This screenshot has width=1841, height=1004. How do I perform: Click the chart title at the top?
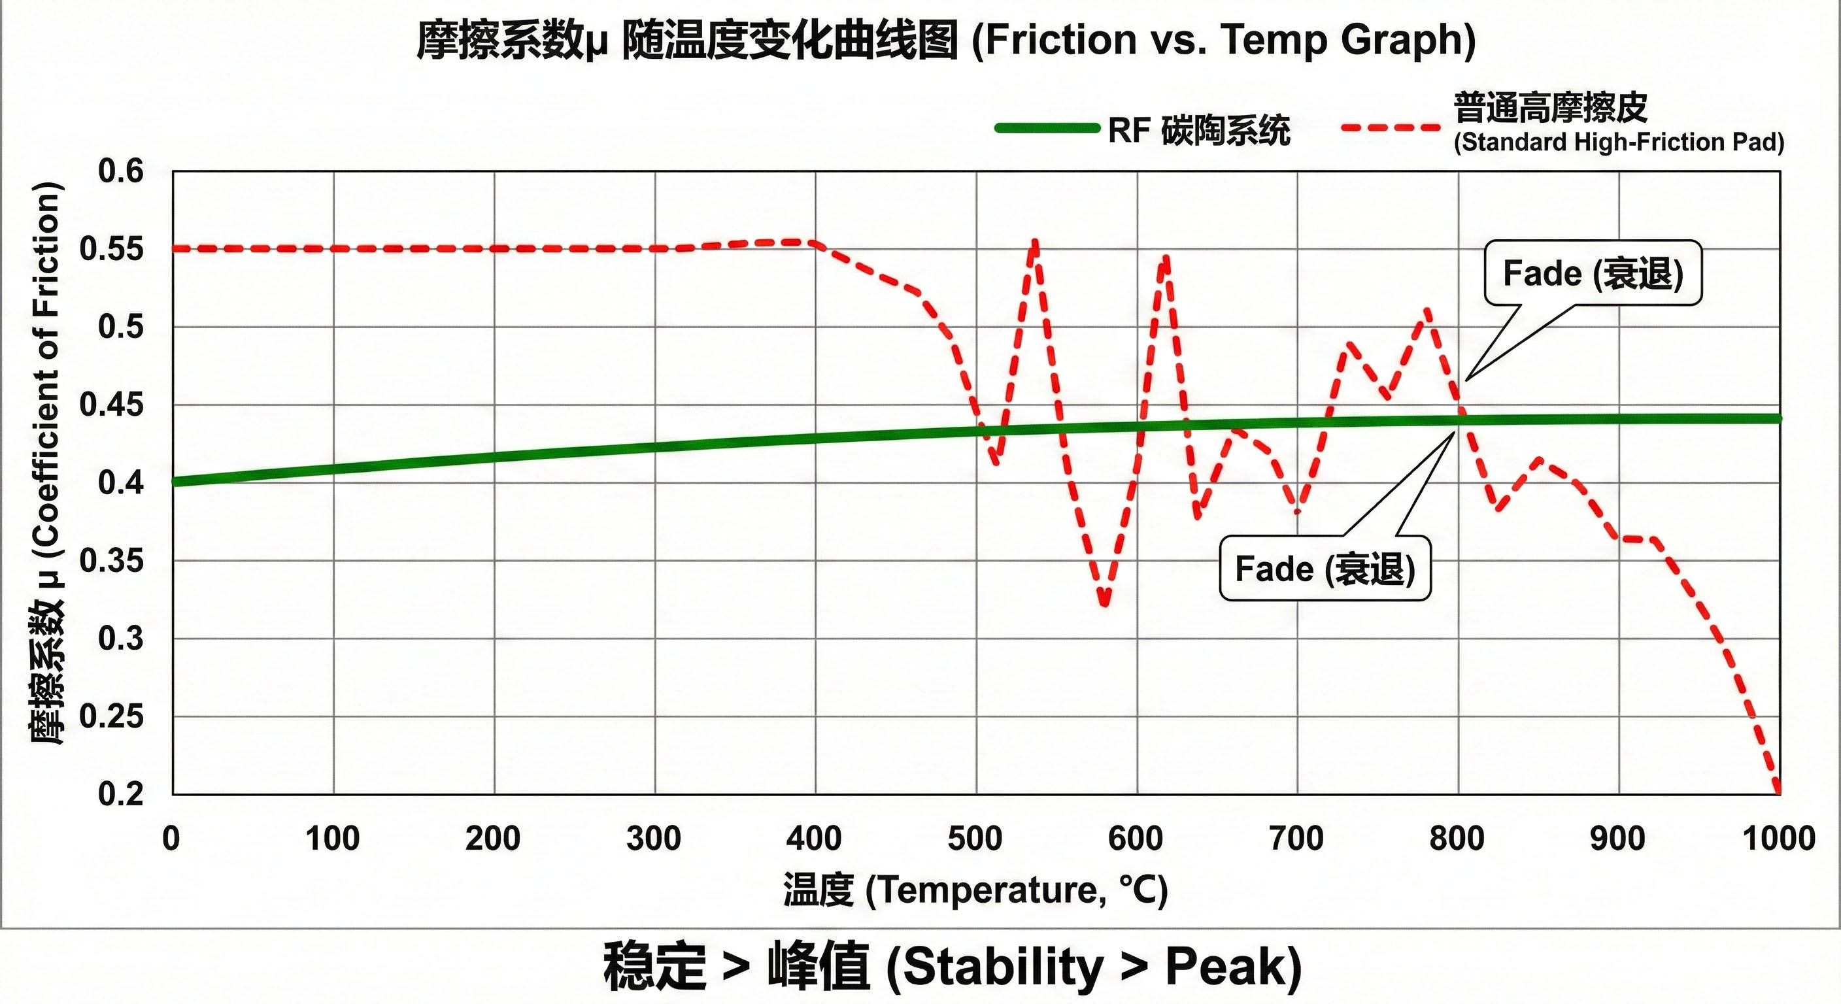tap(946, 40)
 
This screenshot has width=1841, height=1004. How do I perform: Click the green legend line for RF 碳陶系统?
tap(1047, 129)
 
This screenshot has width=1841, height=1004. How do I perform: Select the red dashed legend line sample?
tap(1391, 128)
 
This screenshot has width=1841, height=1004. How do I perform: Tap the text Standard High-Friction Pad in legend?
tap(1619, 142)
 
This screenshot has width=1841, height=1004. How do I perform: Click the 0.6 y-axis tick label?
tap(121, 171)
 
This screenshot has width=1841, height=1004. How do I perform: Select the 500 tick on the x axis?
tap(975, 838)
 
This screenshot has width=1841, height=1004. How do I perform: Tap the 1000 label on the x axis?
tap(1779, 838)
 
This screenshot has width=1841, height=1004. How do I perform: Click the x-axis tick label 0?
tap(171, 838)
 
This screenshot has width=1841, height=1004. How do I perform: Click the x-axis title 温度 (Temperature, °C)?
tap(975, 890)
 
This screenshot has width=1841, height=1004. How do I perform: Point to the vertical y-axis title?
tap(47, 465)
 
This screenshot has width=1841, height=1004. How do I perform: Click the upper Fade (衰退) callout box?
tap(1593, 274)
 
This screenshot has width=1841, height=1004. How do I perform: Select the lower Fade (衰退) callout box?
tap(1325, 569)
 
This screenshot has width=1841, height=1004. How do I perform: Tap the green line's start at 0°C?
tap(175, 482)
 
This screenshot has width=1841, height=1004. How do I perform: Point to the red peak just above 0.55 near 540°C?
tap(1034, 243)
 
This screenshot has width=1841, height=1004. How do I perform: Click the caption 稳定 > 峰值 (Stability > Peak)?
tap(952, 967)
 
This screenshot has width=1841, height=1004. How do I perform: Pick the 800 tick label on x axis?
tap(1457, 838)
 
